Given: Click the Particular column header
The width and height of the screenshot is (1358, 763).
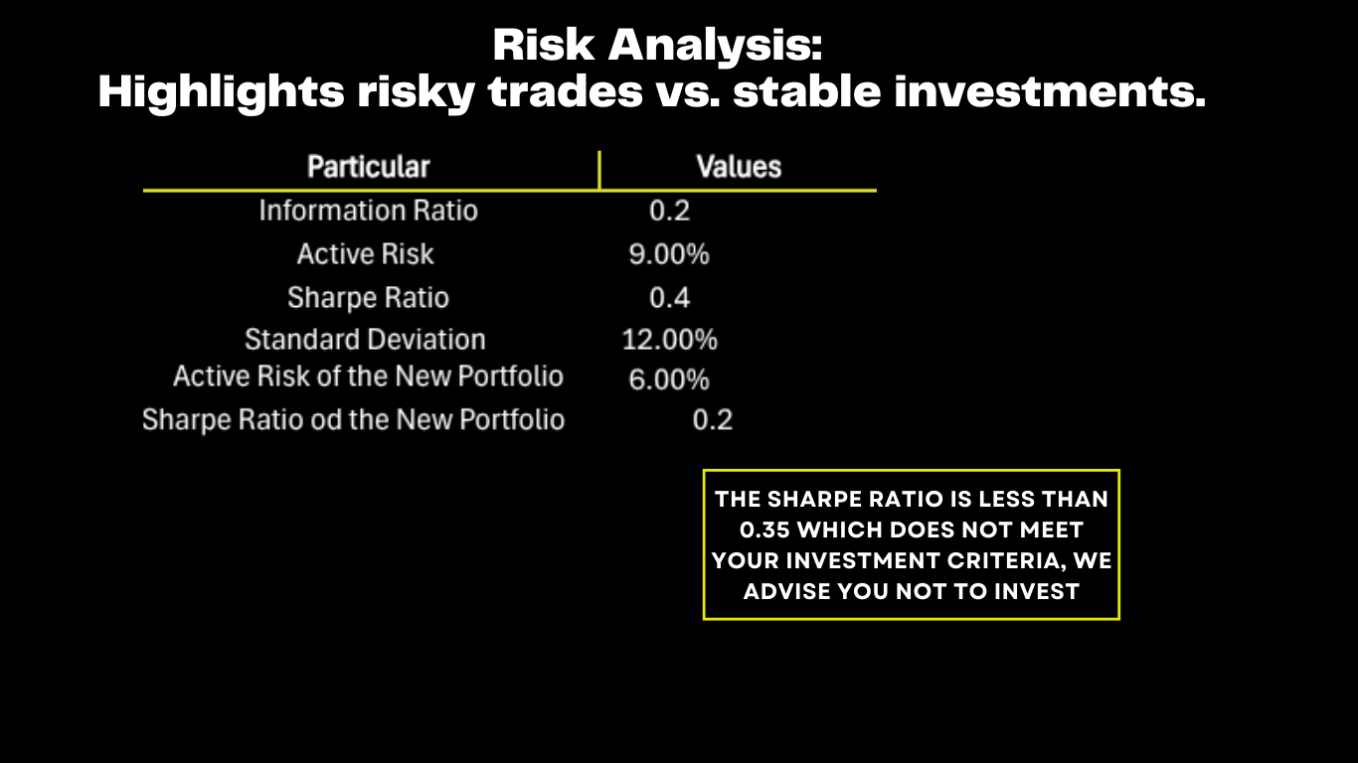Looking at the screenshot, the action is [x=369, y=167].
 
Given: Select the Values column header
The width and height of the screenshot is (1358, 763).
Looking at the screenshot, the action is [x=739, y=167].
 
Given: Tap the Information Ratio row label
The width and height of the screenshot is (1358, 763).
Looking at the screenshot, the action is [x=369, y=211].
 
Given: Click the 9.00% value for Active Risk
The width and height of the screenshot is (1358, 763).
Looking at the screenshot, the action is [x=669, y=254].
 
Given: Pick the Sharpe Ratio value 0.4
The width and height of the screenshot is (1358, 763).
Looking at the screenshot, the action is [x=669, y=298].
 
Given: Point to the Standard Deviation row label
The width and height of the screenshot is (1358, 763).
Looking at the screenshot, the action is [x=365, y=340].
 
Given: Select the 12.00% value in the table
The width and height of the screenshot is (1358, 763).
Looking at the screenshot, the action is [x=669, y=340].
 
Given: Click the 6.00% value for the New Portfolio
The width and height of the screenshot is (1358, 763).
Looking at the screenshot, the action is [x=669, y=380].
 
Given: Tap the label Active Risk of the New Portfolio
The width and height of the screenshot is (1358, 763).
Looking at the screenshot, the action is [x=368, y=377].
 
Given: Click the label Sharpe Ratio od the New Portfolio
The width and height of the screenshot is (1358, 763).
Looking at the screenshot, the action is [x=354, y=420].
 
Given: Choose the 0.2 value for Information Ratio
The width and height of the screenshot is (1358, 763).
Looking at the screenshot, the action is [x=669, y=211].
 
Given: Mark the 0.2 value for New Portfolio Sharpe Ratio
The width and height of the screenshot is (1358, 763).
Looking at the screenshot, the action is [x=713, y=420].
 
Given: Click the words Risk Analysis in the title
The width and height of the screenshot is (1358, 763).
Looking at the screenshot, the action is [x=657, y=45].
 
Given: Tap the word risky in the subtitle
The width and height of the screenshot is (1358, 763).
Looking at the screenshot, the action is [x=416, y=92].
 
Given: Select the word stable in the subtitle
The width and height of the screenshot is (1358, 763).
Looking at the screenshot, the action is [x=806, y=91].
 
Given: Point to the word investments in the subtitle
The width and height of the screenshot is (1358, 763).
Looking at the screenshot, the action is [x=1050, y=91].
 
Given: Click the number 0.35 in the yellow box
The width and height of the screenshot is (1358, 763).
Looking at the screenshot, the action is [x=764, y=531].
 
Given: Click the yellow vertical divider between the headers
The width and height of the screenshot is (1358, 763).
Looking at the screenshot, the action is [x=599, y=170].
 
